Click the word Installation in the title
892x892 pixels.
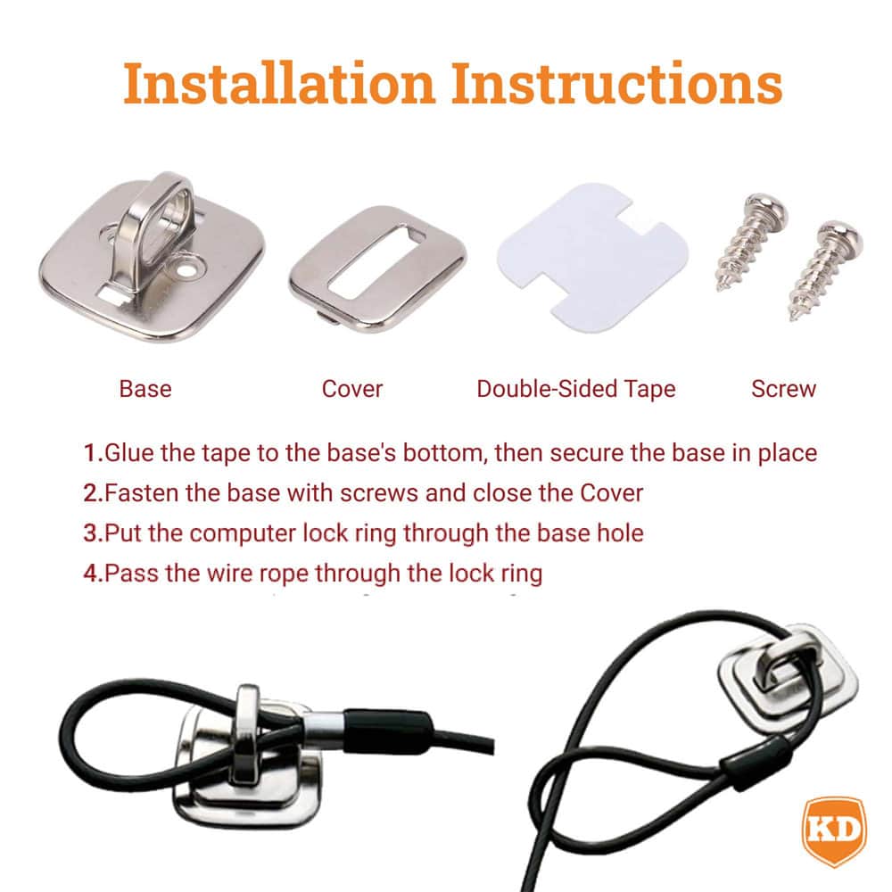[279, 83]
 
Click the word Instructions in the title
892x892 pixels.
[617, 83]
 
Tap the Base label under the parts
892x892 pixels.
[145, 389]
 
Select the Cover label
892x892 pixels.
[352, 389]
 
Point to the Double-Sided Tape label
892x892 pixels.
[575, 390]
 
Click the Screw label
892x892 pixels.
[783, 389]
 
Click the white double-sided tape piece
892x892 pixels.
[592, 257]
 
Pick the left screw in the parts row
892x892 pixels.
[751, 242]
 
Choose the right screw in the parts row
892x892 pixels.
[824, 270]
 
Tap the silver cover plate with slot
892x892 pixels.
[377, 268]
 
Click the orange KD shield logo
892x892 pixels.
[834, 830]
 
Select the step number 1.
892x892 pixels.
[93, 453]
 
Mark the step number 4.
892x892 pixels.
[93, 573]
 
